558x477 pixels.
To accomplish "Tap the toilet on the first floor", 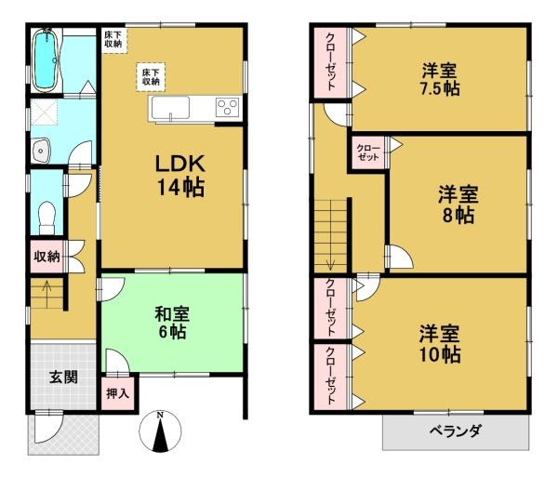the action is (46, 217).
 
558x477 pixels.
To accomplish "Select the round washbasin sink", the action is (41, 151).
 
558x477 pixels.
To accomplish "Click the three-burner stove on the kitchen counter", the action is (228, 106).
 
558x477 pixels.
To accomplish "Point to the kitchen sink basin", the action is (170, 108).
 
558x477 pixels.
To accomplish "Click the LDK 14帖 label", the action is (180, 176).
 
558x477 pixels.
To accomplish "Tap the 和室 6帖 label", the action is (172, 323).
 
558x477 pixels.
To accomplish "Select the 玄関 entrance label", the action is (63, 378).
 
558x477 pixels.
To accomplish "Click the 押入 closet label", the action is (117, 393).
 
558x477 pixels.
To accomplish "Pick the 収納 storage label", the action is (46, 256).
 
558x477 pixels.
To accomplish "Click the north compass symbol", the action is (161, 431).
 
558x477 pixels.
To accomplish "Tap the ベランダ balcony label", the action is (456, 431).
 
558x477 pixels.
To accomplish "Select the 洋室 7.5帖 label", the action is (440, 80).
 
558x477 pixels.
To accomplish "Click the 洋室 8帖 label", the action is (458, 205).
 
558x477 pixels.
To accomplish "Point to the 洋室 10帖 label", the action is (440, 344).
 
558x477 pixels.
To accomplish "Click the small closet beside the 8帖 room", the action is (368, 152).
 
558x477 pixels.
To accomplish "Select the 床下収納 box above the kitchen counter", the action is (151, 77).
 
